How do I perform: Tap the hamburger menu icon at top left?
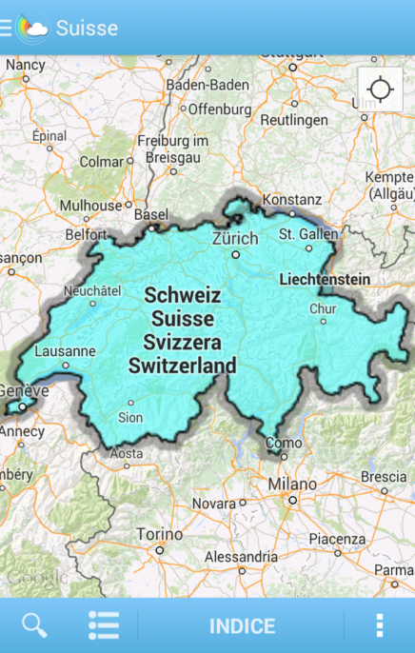click(6, 28)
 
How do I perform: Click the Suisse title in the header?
click(87, 28)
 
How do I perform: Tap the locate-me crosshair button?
click(380, 90)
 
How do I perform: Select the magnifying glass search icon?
click(34, 625)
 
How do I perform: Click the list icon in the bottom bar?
click(104, 625)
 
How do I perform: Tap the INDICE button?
click(242, 626)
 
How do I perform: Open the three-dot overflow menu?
click(379, 625)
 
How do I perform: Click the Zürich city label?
click(235, 238)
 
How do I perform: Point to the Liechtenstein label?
click(325, 280)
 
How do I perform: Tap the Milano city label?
click(291, 485)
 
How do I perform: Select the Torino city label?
click(159, 534)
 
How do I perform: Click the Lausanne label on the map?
click(65, 350)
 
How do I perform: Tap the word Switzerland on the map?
click(183, 365)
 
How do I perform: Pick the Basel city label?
click(150, 215)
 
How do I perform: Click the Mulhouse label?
click(91, 205)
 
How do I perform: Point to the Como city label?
click(284, 443)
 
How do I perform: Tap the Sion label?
click(129, 417)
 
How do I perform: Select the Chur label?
click(323, 308)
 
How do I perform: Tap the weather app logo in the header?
click(32, 28)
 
